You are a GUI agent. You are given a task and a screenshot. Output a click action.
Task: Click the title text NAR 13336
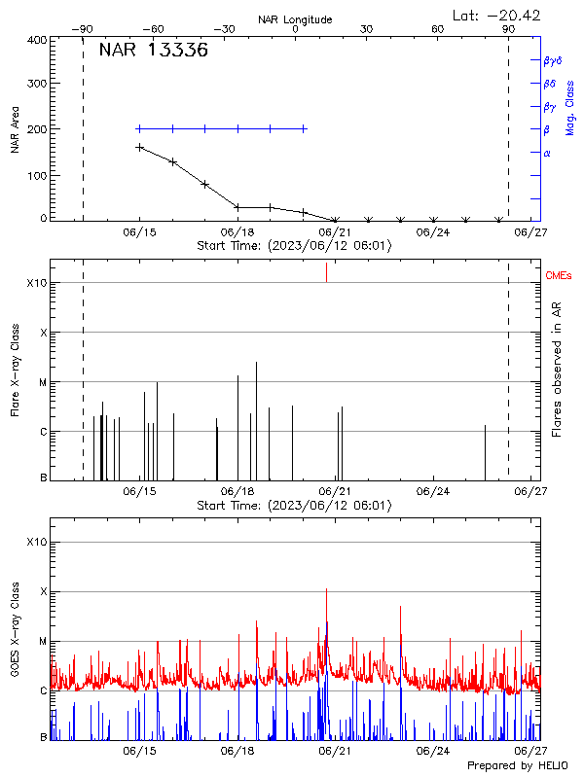pyautogui.click(x=153, y=52)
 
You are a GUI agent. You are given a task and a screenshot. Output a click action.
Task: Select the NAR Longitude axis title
pyautogui.click(x=295, y=19)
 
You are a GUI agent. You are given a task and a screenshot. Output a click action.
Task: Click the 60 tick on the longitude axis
pyautogui.click(x=438, y=30)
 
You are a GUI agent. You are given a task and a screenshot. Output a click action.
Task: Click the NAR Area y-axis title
pyautogui.click(x=15, y=129)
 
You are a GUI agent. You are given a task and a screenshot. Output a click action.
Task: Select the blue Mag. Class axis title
pyautogui.click(x=570, y=107)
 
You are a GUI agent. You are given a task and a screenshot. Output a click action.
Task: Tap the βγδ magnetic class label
pyautogui.click(x=551, y=60)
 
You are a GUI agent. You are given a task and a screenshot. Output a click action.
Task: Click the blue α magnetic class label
pyautogui.click(x=547, y=154)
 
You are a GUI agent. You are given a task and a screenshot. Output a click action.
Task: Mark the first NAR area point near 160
pyautogui.click(x=139, y=148)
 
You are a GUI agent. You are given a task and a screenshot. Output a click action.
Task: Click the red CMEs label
pyautogui.click(x=560, y=277)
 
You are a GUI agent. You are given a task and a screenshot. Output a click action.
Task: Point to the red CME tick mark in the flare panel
pyautogui.click(x=326, y=272)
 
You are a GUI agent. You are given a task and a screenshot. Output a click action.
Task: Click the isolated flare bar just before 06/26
pyautogui.click(x=485, y=452)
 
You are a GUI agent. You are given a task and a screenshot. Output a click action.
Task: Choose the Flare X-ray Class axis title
pyautogui.click(x=15, y=370)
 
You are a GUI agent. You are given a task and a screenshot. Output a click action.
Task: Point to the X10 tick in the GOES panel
pyautogui.click(x=36, y=542)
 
